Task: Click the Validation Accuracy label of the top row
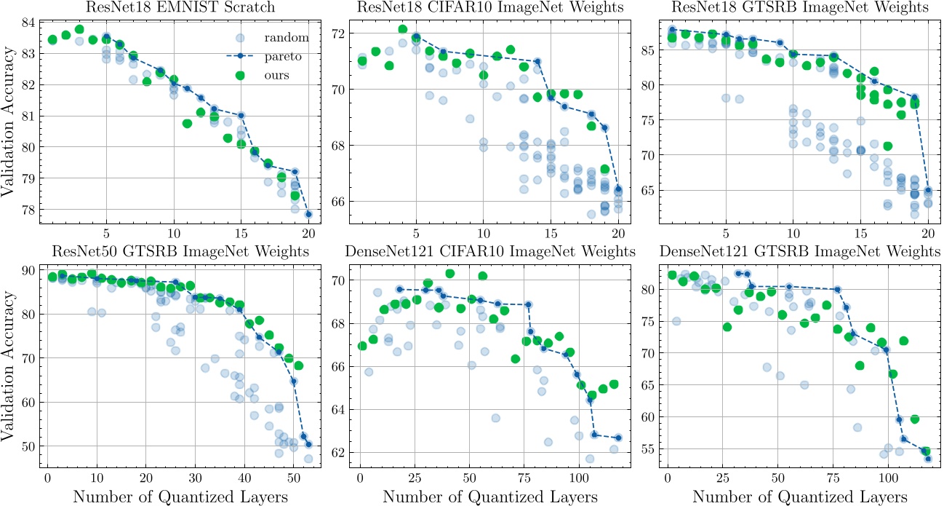[9, 116]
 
